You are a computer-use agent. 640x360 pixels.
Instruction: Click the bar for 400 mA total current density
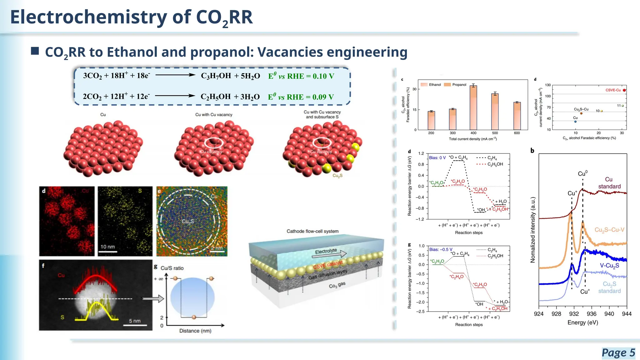(473, 108)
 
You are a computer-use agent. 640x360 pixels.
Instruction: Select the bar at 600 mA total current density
(517, 116)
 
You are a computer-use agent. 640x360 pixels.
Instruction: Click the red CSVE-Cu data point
(624, 90)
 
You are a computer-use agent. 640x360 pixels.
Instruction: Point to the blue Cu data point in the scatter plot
(575, 122)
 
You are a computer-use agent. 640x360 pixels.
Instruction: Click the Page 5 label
(618, 353)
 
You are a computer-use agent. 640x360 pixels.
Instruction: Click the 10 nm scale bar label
(107, 247)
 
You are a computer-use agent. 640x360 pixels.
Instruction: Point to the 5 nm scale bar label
(135, 321)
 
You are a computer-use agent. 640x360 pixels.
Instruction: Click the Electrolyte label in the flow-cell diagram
(326, 251)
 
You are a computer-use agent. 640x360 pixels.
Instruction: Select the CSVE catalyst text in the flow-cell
(328, 264)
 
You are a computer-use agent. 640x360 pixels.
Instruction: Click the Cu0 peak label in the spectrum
(582, 174)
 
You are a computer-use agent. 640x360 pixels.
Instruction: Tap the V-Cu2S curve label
(609, 266)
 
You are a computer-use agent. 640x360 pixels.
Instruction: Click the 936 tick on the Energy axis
(591, 314)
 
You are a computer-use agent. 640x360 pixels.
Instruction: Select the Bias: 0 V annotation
(437, 158)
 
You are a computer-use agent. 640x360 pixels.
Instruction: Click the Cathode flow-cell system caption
(312, 231)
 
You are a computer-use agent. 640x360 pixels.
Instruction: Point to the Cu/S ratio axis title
(172, 268)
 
